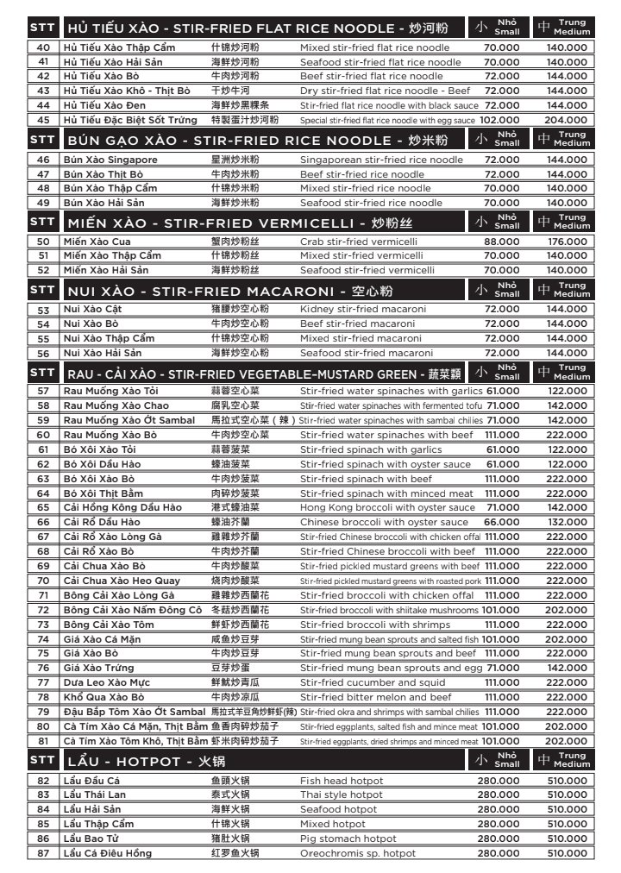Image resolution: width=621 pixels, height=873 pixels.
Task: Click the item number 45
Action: click(43, 120)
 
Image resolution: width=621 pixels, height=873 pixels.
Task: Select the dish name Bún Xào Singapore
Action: click(110, 160)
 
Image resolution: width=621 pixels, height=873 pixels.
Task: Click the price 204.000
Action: click(567, 120)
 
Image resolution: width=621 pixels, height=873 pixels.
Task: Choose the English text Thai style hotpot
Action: click(341, 794)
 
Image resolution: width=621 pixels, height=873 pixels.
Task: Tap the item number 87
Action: click(43, 853)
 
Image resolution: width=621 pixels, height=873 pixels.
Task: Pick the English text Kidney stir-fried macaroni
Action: click(363, 309)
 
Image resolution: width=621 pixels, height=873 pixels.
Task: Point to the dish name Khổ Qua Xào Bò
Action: click(103, 697)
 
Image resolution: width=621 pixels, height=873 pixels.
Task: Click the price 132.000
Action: click(567, 522)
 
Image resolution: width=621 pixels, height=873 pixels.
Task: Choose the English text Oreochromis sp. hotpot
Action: click(357, 853)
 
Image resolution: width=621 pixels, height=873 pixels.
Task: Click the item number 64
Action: click(43, 493)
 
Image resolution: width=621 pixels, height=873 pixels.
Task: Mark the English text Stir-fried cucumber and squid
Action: click(373, 682)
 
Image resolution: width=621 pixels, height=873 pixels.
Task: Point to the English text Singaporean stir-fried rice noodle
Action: click(381, 160)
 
